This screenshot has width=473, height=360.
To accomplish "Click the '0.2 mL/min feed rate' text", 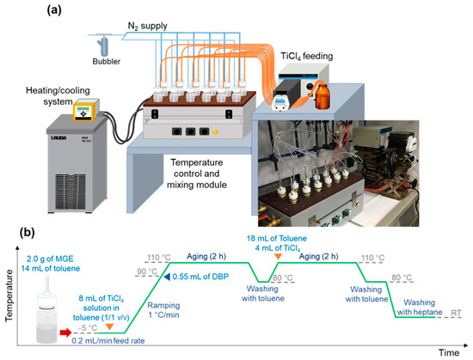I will point(114,340).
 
